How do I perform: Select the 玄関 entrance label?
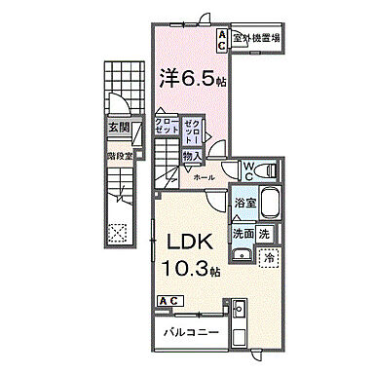[119, 127]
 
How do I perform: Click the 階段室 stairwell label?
[119, 153]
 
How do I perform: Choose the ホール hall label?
[205, 178]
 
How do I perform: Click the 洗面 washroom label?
[243, 234]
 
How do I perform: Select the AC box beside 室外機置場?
[223, 37]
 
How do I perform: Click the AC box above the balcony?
[168, 301]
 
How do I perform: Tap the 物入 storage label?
[192, 156]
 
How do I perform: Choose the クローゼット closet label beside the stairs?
[168, 127]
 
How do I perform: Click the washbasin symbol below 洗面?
[243, 256]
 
